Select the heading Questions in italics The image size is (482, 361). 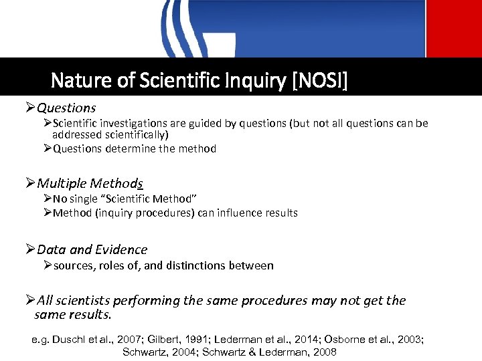point(66,108)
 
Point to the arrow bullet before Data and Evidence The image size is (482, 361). point(30,250)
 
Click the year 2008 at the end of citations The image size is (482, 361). point(323,352)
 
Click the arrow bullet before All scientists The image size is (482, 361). point(30,301)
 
